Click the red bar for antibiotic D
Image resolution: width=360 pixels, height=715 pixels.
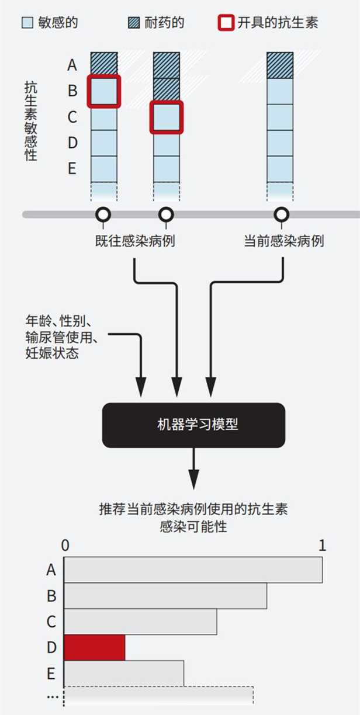94,647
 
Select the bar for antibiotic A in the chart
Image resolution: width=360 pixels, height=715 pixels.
193,570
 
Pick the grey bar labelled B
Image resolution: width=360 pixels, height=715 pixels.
165,596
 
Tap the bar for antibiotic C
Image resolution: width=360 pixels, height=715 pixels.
140,622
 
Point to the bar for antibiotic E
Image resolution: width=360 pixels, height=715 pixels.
124,673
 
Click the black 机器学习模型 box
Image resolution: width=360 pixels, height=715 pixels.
193,425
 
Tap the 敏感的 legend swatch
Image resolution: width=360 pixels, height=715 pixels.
27,23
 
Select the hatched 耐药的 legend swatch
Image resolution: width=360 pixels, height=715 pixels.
133,23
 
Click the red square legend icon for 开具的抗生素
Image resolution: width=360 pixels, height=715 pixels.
226,23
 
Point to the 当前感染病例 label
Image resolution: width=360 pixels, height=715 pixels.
283,241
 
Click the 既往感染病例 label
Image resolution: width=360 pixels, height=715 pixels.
135,241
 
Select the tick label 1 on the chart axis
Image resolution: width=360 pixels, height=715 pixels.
322,546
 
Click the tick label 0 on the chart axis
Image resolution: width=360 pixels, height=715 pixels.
65,546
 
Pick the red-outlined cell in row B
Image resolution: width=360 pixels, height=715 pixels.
104,91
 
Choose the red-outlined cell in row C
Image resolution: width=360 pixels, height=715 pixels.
167,117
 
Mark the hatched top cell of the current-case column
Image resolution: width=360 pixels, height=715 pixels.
280,65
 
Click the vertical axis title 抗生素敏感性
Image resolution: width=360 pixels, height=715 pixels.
30,121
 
